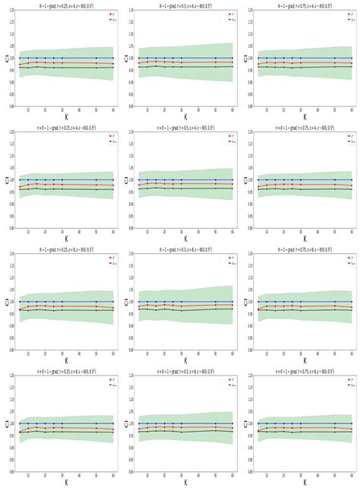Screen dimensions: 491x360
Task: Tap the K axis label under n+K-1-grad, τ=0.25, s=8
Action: pyautogui.click(x=65, y=481)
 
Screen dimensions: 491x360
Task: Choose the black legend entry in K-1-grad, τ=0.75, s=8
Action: pyautogui.click(x=346, y=264)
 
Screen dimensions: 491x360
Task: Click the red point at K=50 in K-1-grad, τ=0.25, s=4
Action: pyautogui.click(x=96, y=63)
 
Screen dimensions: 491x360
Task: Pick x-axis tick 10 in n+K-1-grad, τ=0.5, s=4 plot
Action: pyautogui.click(x=147, y=232)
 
